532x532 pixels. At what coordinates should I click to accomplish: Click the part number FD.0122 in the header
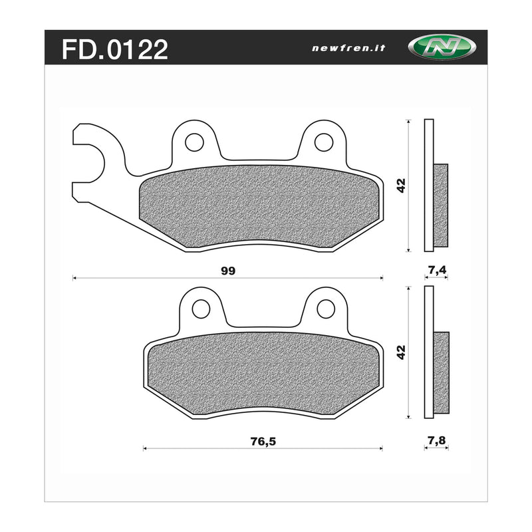(x=114, y=49)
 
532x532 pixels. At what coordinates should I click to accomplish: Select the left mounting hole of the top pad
(x=194, y=142)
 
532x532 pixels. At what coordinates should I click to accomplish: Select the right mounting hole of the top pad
(x=323, y=142)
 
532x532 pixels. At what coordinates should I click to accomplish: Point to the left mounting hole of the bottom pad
(x=201, y=309)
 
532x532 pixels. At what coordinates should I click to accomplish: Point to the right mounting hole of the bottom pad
(x=325, y=309)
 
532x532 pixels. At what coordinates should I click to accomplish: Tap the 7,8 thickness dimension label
(x=436, y=439)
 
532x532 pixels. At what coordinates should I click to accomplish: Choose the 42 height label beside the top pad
(x=400, y=186)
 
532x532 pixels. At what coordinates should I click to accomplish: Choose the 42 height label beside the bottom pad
(x=400, y=352)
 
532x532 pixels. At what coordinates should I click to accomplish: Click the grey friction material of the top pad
(x=259, y=206)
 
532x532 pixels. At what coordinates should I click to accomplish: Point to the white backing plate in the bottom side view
(x=428, y=352)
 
